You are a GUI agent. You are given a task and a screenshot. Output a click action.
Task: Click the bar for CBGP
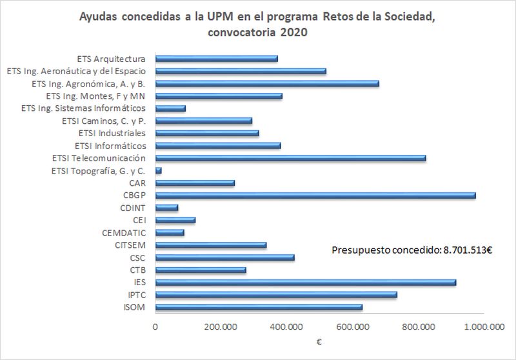point(316,195)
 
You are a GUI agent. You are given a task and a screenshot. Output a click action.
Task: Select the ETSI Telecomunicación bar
point(291,158)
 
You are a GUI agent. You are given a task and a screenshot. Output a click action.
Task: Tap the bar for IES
point(306,282)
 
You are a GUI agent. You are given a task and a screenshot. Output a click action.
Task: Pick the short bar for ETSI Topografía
point(159,170)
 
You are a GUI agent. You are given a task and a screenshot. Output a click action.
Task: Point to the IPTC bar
point(277,294)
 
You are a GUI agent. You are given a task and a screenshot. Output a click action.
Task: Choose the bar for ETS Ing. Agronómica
point(268,84)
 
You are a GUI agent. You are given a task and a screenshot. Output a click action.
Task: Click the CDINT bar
point(167,208)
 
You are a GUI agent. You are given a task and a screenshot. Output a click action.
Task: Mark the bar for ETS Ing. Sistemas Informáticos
point(171,108)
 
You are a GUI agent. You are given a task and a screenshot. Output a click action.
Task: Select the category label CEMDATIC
point(124,232)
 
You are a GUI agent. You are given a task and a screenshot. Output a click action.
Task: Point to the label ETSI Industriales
point(110,133)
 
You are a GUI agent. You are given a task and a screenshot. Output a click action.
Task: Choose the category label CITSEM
point(130,245)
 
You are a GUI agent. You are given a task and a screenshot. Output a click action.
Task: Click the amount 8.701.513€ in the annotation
point(466,250)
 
